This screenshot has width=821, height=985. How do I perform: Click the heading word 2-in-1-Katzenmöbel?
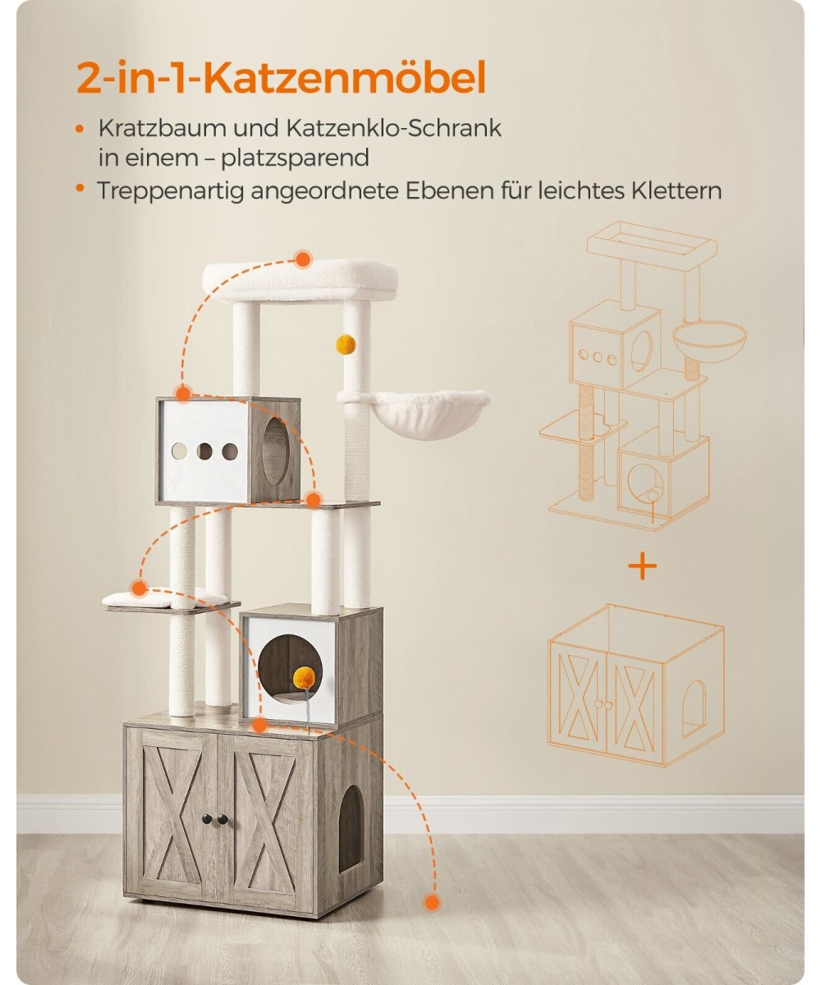click(x=281, y=77)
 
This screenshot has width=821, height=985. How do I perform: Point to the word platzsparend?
click(x=295, y=158)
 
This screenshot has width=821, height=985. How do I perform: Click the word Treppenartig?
click(x=170, y=191)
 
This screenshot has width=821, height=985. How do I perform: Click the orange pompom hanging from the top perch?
click(x=346, y=345)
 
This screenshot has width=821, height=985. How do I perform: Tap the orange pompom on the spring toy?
click(x=304, y=678)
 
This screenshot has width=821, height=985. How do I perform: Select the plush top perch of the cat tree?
click(x=300, y=281)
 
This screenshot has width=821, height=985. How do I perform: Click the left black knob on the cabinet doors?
click(x=207, y=819)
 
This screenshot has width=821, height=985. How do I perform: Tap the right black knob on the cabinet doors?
click(x=223, y=819)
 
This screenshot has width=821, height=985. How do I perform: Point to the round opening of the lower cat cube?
click(x=290, y=667)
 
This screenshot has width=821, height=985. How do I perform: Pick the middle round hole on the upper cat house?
click(x=204, y=451)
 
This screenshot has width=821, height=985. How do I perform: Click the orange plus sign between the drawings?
click(x=642, y=566)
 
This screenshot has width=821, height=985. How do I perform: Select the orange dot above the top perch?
click(x=303, y=259)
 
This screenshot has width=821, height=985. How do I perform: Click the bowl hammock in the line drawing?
click(x=709, y=340)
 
